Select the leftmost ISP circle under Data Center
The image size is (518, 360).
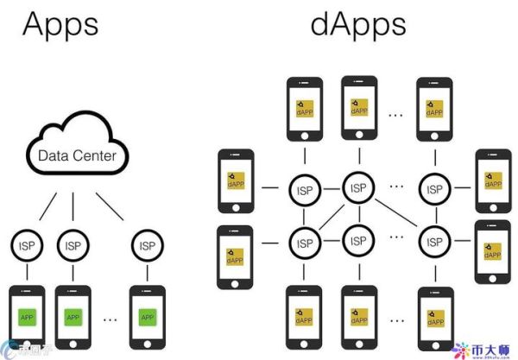(x=28, y=245)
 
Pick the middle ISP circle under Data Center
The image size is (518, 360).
(x=73, y=245)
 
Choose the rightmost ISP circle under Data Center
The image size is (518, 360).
(x=147, y=245)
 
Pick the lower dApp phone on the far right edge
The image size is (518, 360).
(x=493, y=251)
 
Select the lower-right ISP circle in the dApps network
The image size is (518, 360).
(x=431, y=241)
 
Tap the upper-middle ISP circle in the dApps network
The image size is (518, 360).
(x=357, y=185)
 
